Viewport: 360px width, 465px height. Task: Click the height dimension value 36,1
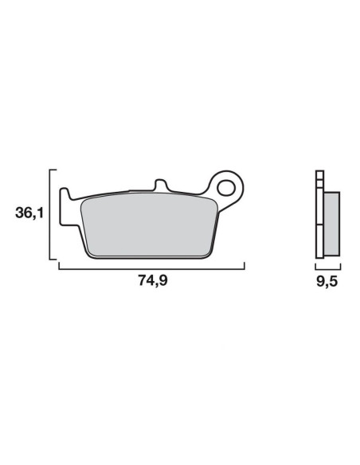tap(29, 213)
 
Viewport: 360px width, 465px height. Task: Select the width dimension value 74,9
tap(153, 280)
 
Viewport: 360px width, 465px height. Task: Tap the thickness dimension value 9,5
tap(327, 281)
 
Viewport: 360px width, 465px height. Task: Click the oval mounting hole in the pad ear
tap(226, 188)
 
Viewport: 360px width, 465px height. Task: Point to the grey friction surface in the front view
tap(149, 225)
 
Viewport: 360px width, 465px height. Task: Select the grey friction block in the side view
tap(331, 224)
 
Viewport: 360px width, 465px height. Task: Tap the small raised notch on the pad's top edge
tap(160, 185)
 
